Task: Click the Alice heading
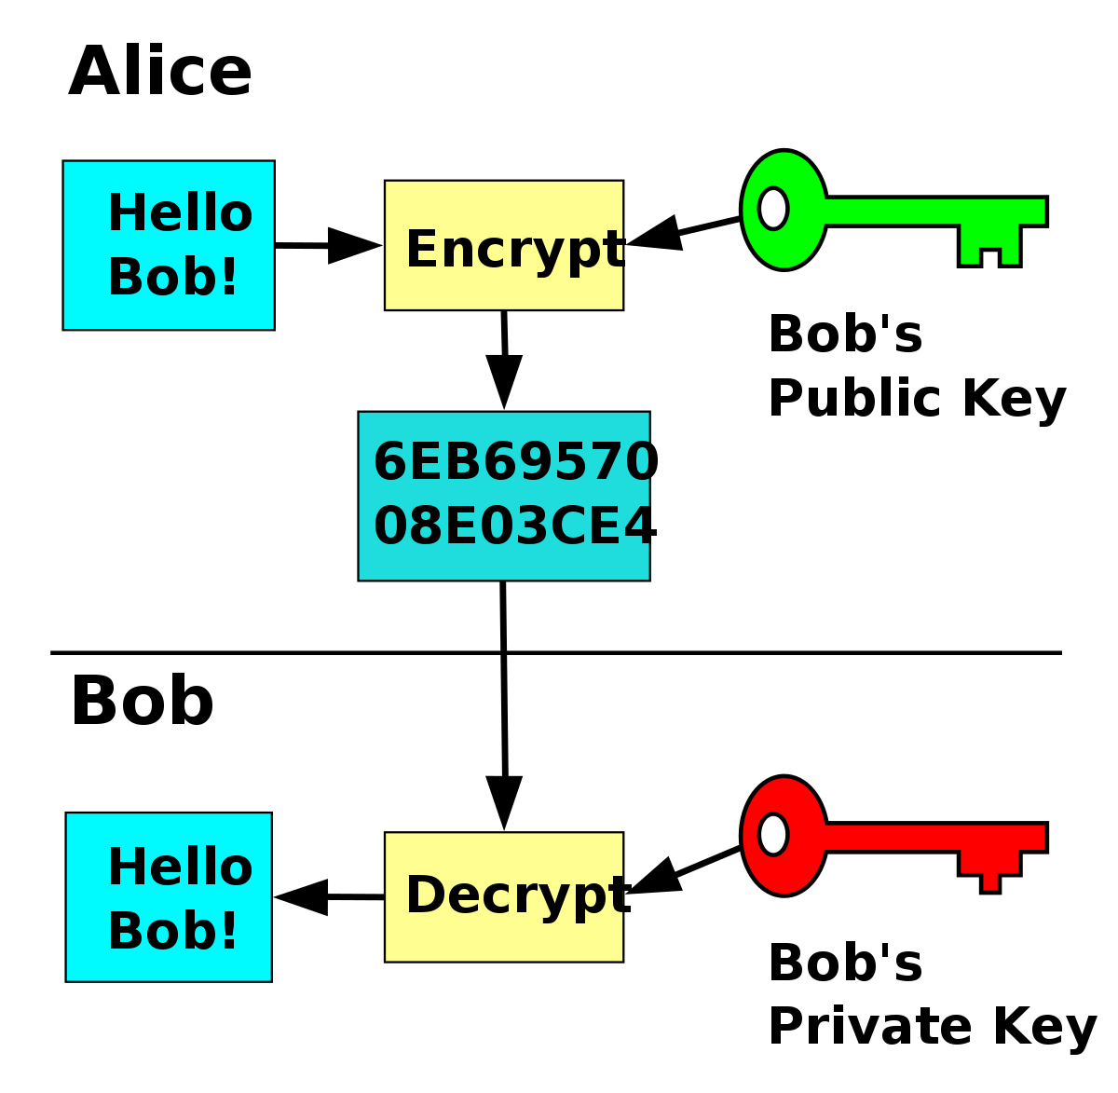[x=160, y=73]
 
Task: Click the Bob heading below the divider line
[x=142, y=702]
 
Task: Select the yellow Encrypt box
[x=503, y=245]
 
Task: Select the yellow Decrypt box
[x=503, y=896]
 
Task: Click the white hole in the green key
[x=773, y=208]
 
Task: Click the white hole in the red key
[x=773, y=834]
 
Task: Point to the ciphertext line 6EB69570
[x=515, y=462]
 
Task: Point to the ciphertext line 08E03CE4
[x=515, y=526]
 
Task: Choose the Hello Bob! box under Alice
[x=169, y=245]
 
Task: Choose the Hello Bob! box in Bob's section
[x=169, y=896]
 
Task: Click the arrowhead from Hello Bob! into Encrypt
[x=353, y=245]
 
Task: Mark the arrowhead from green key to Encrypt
[x=656, y=234]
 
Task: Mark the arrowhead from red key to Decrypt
[x=656, y=878]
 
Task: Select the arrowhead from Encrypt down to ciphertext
[x=504, y=379]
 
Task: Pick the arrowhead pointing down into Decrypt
[x=504, y=799]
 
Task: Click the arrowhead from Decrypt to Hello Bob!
[x=304, y=896]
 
